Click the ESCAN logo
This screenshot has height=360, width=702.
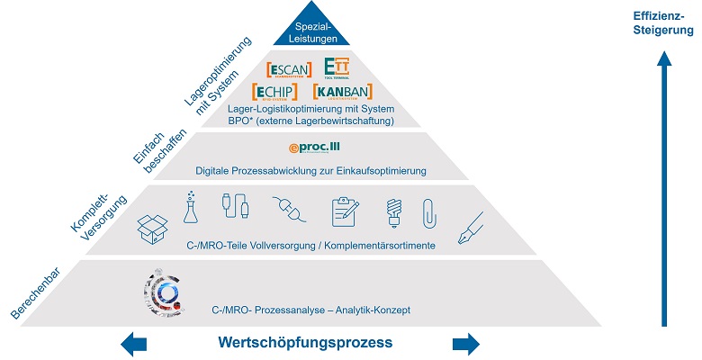tap(289, 70)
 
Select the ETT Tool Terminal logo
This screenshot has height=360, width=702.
tap(337, 68)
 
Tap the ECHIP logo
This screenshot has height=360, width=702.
tap(283, 93)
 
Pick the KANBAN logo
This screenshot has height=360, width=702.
tap(343, 93)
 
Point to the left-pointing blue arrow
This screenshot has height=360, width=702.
tap(133, 343)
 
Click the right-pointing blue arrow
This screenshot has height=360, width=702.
tap(466, 343)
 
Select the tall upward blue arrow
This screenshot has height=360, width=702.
tap(663, 189)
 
